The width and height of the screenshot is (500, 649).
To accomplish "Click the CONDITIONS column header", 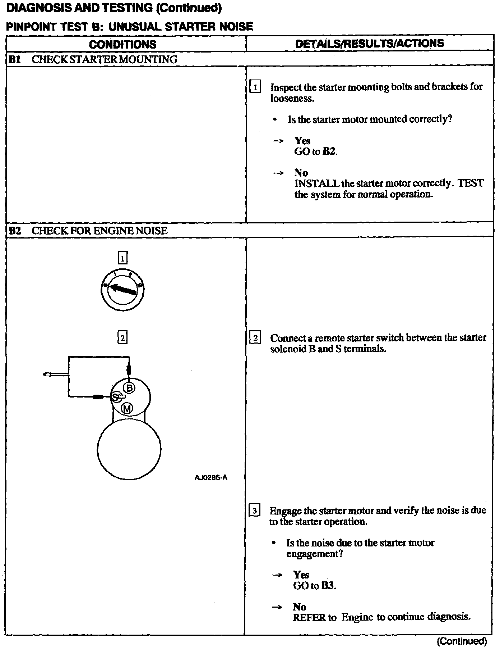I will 122,44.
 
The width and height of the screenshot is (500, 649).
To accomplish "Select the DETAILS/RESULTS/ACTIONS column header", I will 370,44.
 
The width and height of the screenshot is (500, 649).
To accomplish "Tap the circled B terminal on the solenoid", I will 129,387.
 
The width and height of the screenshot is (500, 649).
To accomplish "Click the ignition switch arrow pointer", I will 122,289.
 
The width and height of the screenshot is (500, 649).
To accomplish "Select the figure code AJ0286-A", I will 211,477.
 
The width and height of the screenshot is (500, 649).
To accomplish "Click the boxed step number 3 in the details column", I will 254,511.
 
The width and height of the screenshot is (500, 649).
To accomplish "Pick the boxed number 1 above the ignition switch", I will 122,258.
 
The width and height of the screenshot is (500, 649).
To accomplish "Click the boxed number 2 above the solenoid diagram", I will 122,338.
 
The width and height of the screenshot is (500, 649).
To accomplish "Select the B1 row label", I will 15,59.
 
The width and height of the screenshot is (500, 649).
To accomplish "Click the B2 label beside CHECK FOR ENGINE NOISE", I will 15,231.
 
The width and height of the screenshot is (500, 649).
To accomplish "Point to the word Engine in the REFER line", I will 357,617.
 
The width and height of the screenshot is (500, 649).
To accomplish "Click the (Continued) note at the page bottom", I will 462,641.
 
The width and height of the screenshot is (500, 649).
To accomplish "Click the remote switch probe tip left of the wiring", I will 46,375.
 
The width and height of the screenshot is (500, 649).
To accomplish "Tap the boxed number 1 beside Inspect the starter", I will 255,87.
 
